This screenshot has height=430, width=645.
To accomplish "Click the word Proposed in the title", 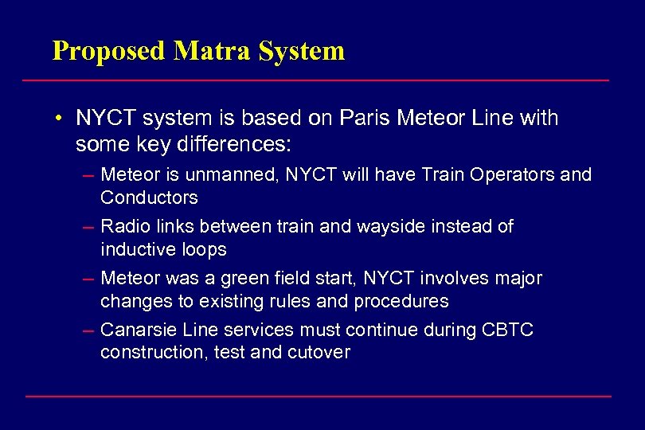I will point(109,52).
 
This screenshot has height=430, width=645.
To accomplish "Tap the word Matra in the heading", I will point(213,51).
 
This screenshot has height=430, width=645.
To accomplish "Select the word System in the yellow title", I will point(303,52).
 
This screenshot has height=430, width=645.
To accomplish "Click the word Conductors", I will point(149,197).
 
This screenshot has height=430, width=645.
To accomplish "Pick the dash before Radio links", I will point(89,227).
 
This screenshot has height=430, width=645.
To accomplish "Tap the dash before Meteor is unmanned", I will point(89,174).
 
